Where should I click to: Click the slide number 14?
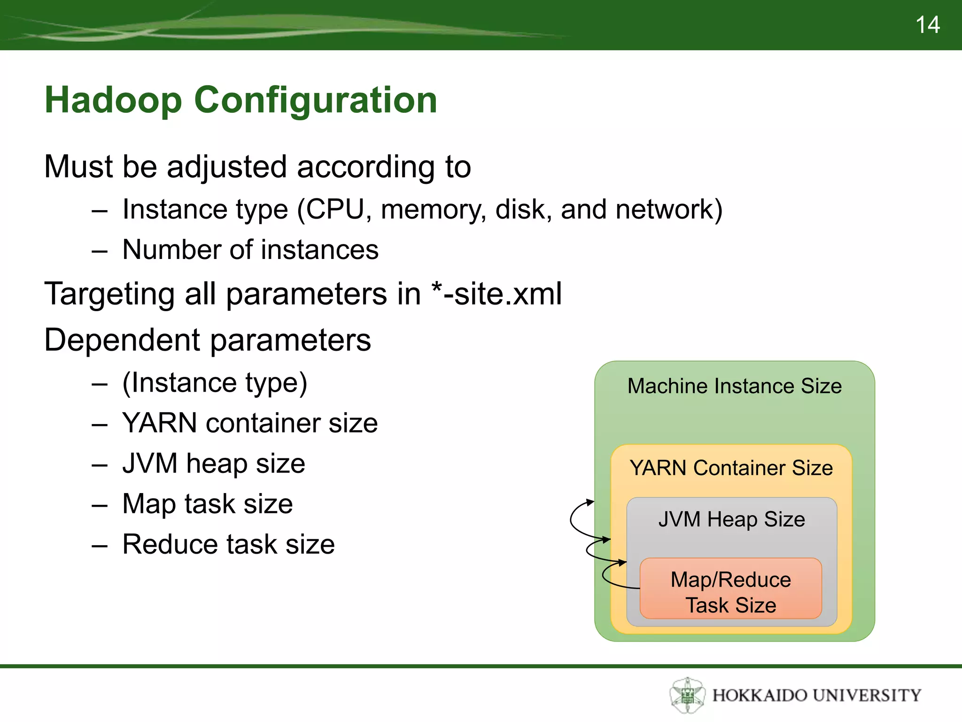pyautogui.click(x=927, y=25)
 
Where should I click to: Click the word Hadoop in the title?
pyautogui.click(x=113, y=100)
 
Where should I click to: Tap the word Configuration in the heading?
pyautogui.click(x=315, y=100)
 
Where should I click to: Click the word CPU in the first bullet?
pyautogui.click(x=335, y=209)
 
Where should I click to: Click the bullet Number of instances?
pyautogui.click(x=250, y=250)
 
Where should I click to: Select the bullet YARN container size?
pyautogui.click(x=250, y=423)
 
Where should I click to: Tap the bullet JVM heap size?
pyautogui.click(x=214, y=463)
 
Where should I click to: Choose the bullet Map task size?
pyautogui.click(x=207, y=504)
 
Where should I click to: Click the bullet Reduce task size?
pyautogui.click(x=228, y=544)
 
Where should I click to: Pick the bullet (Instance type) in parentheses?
pyautogui.click(x=215, y=383)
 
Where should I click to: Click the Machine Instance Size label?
pyautogui.click(x=734, y=386)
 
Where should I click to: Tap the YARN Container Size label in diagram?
pyautogui.click(x=731, y=468)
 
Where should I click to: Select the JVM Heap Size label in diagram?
pyautogui.click(x=731, y=519)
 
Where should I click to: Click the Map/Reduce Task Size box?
pyautogui.click(x=730, y=591)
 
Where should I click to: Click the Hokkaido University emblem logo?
pyautogui.click(x=687, y=695)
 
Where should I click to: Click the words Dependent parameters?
pyautogui.click(x=207, y=340)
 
